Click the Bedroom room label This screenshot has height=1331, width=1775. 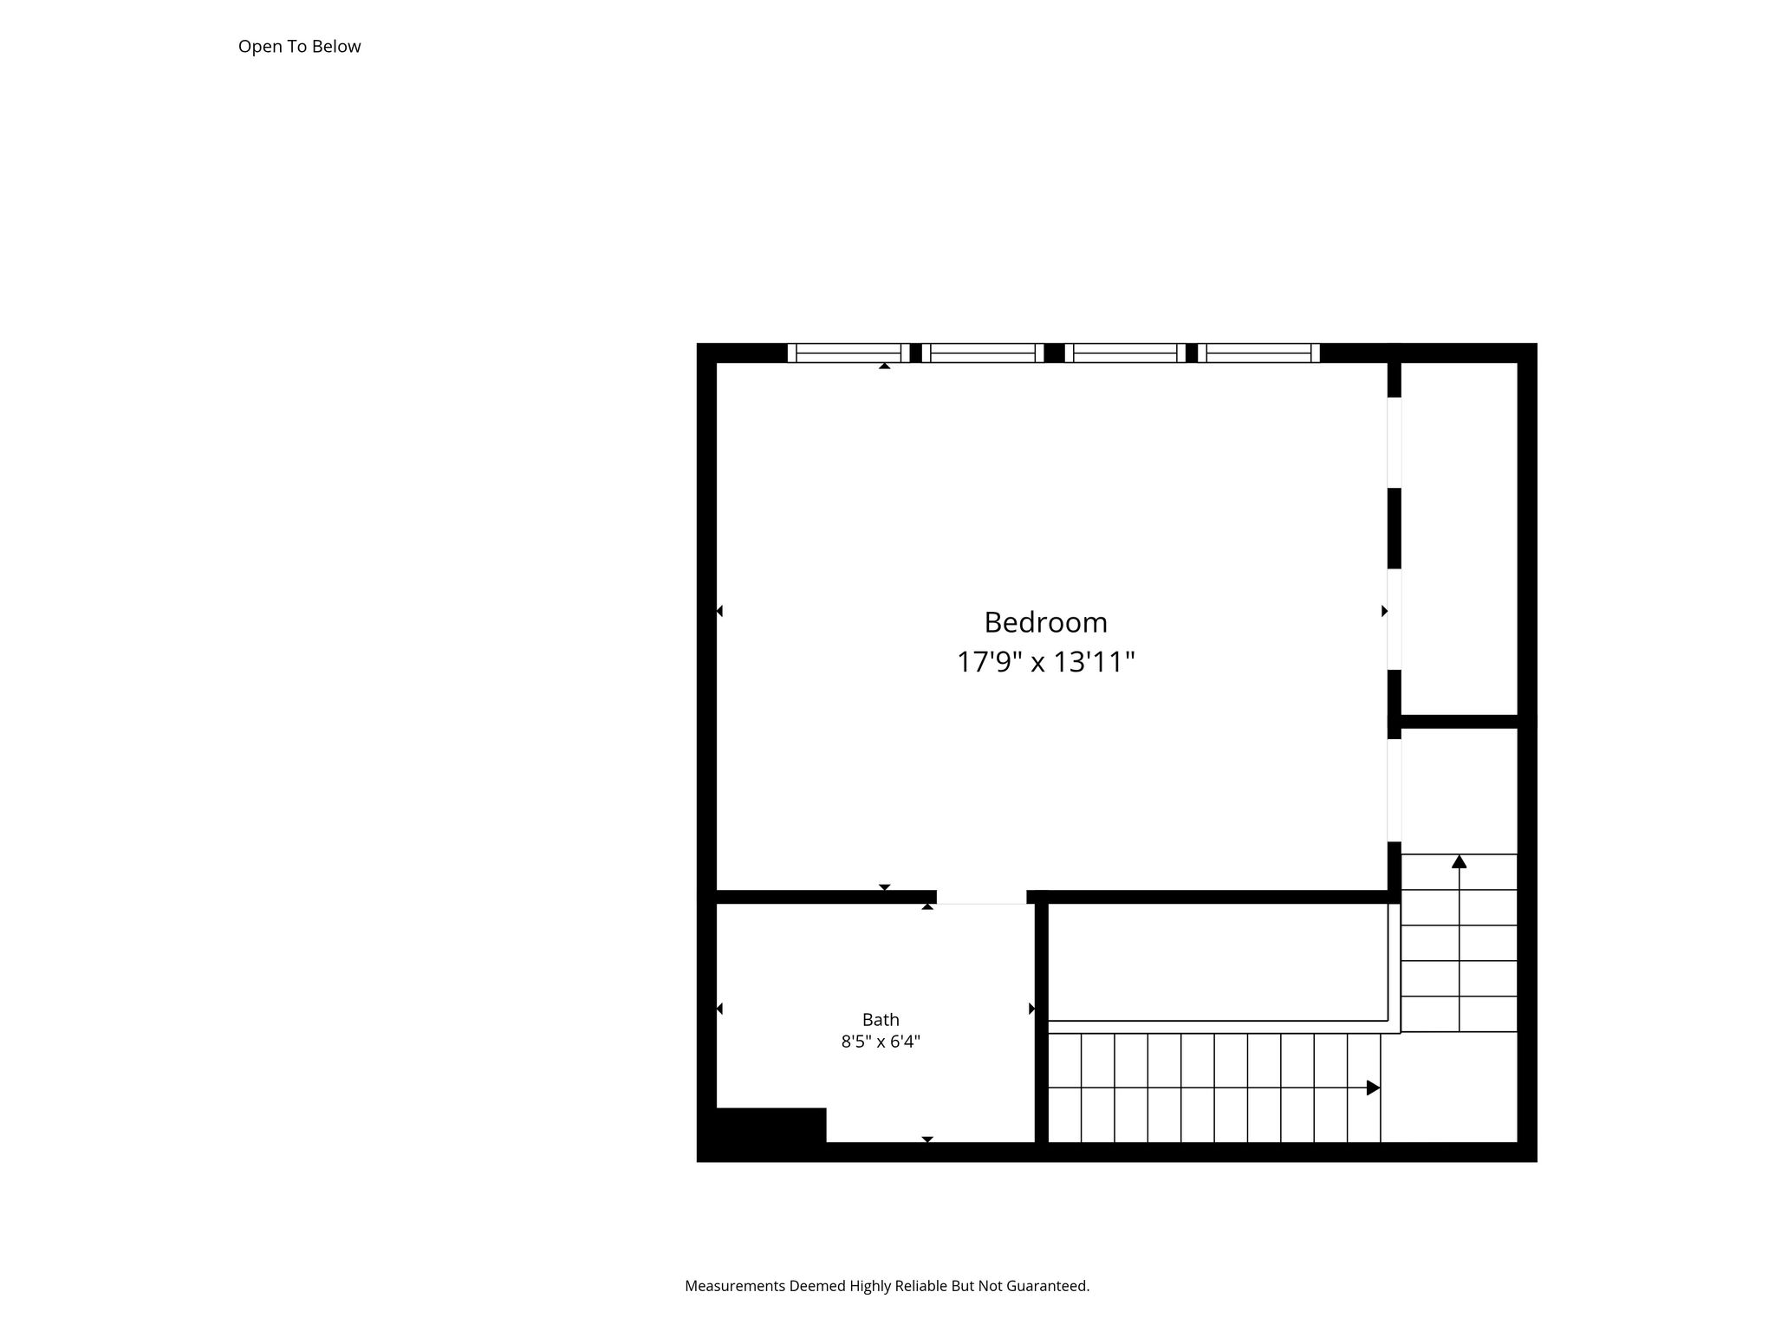1045,622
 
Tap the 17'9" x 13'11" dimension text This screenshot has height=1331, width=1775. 1045,662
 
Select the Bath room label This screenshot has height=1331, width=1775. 881,1020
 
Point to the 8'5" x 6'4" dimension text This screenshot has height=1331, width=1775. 881,1042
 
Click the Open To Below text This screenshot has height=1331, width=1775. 299,47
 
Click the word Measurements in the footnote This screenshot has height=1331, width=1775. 735,1286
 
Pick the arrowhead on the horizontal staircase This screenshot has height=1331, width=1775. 1374,1088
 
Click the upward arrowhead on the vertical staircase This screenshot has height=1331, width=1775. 1460,861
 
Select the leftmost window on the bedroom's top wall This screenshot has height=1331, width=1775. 848,353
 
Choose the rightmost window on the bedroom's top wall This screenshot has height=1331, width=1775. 1258,353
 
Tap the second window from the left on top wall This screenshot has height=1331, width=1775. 983,353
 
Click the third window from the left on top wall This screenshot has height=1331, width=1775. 1125,353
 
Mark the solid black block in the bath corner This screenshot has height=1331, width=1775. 770,1126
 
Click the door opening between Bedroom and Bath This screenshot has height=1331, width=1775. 982,897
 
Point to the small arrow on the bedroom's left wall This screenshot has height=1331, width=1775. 719,611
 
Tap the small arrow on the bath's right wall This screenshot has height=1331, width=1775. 1031,1009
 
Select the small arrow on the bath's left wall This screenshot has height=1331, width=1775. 719,1009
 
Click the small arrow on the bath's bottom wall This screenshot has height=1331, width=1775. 927,1139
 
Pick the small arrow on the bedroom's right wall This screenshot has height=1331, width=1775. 1384,611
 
